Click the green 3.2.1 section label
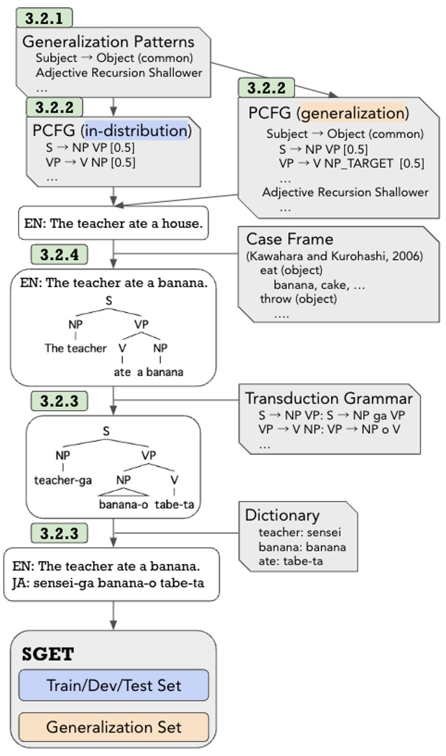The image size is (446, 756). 44,18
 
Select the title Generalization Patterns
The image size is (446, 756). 108,42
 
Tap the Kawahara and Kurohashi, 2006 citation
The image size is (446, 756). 334,256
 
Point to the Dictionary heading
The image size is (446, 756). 282,515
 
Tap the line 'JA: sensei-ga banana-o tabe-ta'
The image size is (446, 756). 108,582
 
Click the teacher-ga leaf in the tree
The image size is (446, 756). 62,481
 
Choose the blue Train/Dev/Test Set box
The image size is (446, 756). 113,685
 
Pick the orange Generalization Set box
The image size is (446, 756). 113,727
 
